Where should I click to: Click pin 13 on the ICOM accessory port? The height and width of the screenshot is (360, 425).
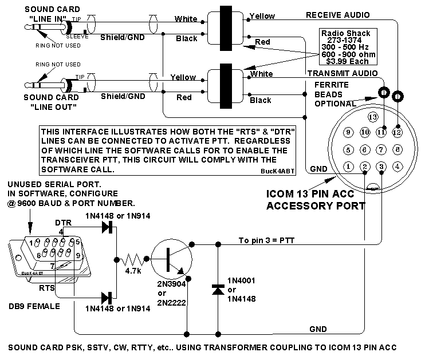[x=373, y=117]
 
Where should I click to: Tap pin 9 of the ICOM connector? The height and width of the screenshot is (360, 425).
[x=348, y=132]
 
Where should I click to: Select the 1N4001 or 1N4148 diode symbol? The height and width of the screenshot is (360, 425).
[x=218, y=290]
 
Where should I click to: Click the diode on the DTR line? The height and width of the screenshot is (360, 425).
[x=107, y=227]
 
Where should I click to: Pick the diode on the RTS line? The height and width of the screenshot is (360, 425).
[x=107, y=297]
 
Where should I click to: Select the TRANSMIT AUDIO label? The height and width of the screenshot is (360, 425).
[x=342, y=73]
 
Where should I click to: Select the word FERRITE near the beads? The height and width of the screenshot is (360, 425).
[x=331, y=85]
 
